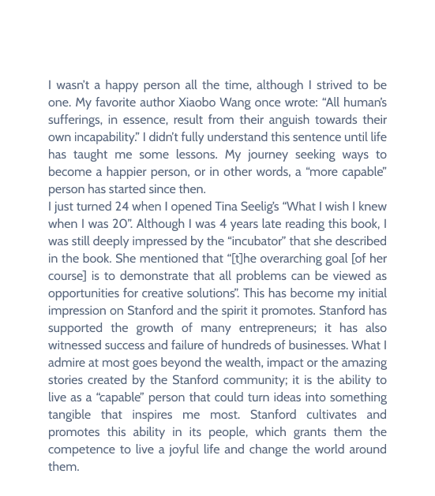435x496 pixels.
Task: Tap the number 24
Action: pyautogui.click(x=122, y=207)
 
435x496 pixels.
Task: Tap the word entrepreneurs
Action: pyautogui.click(x=261, y=328)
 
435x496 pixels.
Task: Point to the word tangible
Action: pyautogui.click(x=74, y=415)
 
